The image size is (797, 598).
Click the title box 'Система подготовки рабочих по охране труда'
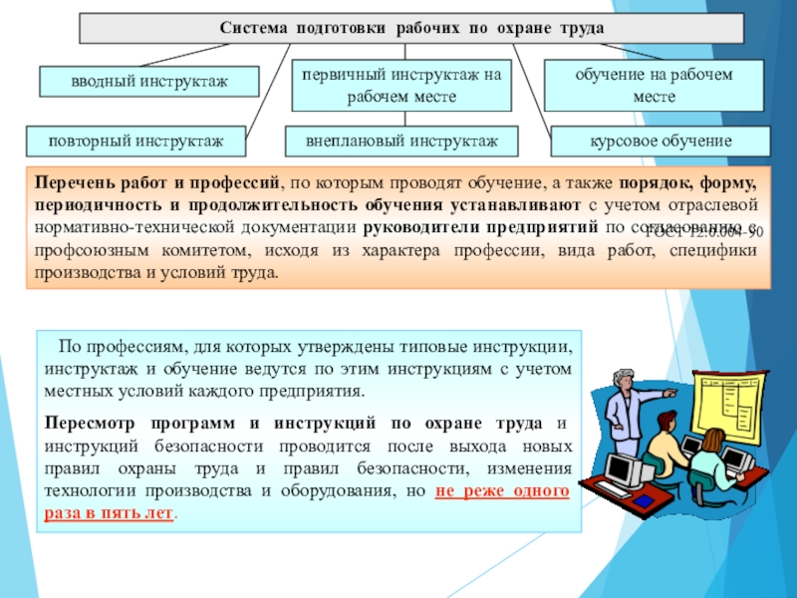[411, 28]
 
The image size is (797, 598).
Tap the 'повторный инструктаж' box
[136, 141]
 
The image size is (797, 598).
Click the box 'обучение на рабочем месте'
[654, 85]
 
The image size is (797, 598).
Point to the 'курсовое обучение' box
[661, 141]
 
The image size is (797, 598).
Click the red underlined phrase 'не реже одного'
[503, 492]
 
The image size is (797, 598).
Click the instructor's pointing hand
[670, 393]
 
